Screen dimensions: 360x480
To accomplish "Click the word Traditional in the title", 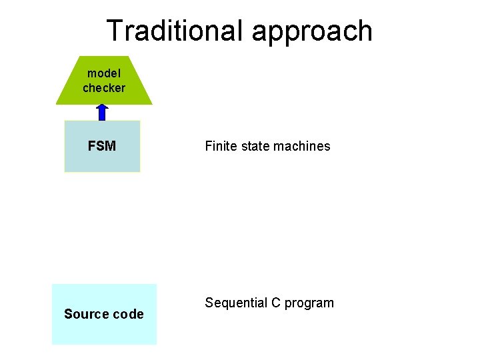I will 175,31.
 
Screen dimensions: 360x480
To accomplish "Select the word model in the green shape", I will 103,73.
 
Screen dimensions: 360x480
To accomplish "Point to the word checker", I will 103,88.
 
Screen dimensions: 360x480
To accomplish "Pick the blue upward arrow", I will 102,112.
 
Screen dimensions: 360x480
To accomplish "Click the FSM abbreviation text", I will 102,146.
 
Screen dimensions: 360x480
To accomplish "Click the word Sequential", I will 236,303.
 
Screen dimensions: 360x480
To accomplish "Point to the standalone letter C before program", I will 276,303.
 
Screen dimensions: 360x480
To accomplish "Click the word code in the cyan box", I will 129,314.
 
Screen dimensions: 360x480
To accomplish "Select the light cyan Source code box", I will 104,331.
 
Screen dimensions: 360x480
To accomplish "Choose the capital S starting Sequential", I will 209,303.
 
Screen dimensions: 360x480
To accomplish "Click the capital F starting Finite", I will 209,146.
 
